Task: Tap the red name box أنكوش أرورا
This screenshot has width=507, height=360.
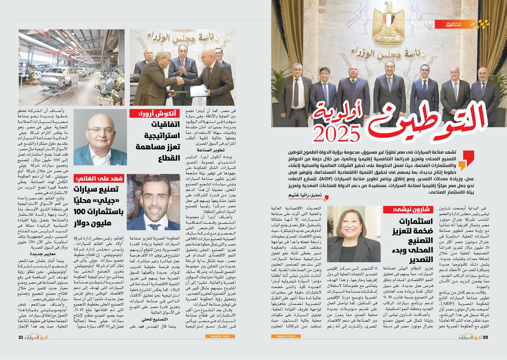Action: (155, 113)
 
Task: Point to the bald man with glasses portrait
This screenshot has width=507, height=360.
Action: (100, 137)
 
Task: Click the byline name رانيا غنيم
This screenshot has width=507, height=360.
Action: (300, 195)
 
